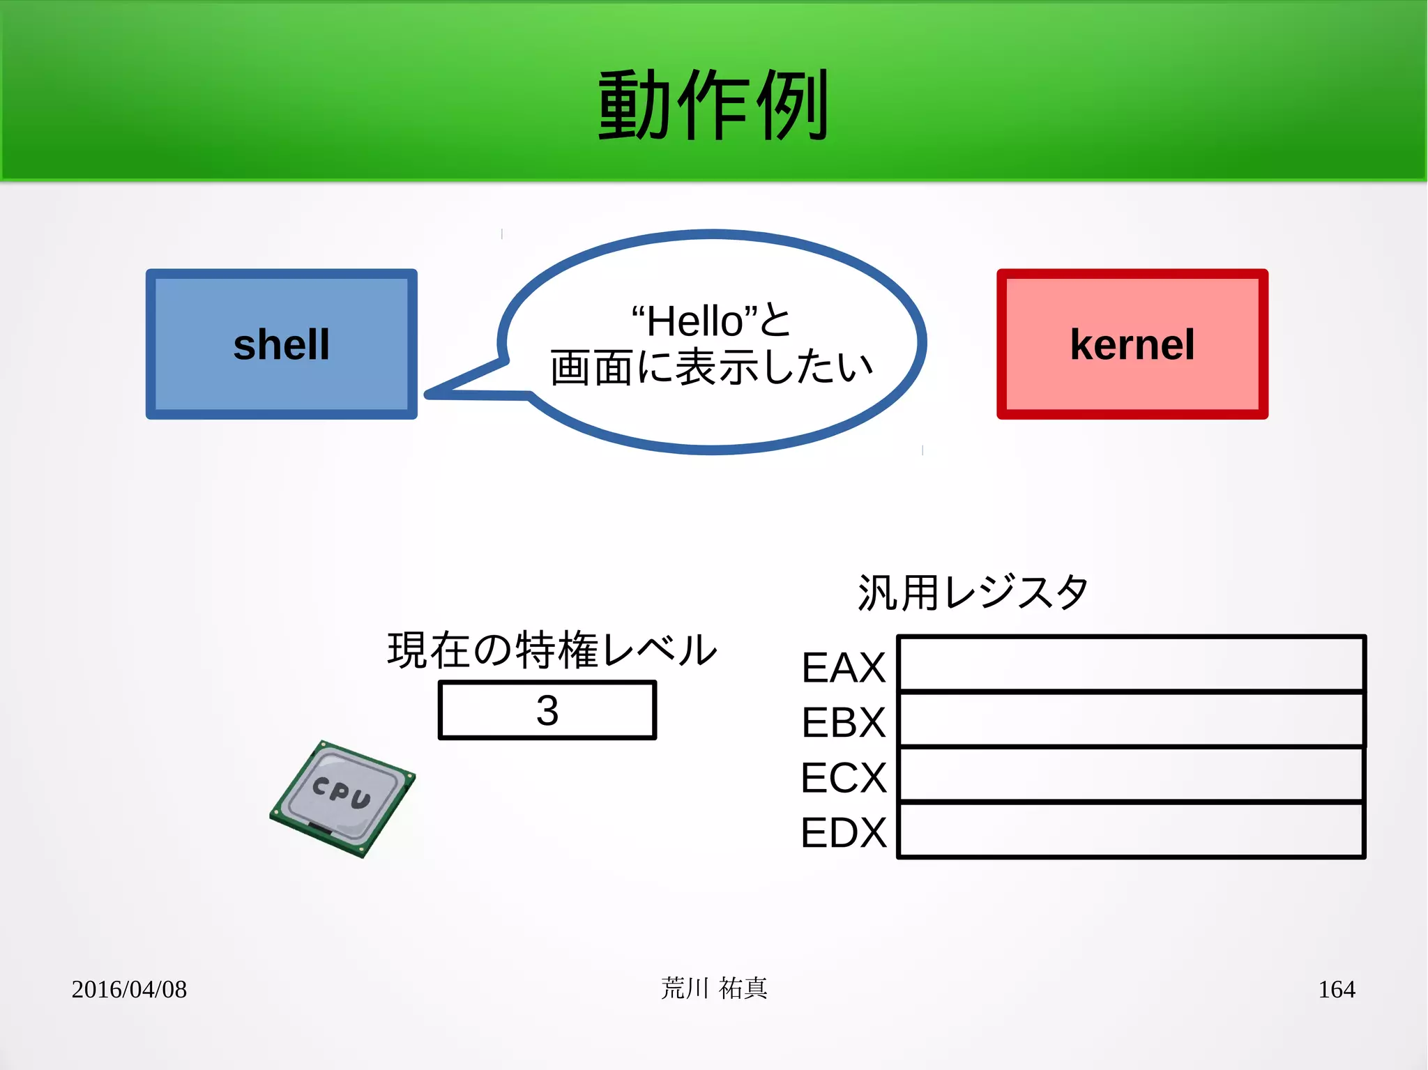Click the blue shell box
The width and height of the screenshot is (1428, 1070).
pos(281,344)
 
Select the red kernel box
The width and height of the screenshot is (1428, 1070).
pos(1132,344)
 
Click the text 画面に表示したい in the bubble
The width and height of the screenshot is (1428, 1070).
pos(711,367)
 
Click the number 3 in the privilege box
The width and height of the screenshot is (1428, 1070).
pos(547,710)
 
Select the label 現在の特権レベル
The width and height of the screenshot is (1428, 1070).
pos(552,650)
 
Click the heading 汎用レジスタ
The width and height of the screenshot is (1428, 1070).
pos(973,593)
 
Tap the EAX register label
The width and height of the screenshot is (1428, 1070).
pos(843,667)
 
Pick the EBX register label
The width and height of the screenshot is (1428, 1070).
pos(843,722)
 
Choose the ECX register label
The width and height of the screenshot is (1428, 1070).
pos(843,777)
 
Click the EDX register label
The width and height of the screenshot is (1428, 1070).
pos(843,832)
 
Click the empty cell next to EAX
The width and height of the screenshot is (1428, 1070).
pos(1130,664)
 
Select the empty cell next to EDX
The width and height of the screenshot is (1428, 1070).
pos(1130,830)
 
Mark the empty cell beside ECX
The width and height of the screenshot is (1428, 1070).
pos(1130,774)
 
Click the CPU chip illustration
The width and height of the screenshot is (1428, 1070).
pos(342,798)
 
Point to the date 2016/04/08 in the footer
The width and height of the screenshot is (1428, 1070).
pos(129,989)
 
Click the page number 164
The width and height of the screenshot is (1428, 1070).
pos(1336,989)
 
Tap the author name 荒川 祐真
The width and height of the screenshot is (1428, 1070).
pos(714,988)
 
